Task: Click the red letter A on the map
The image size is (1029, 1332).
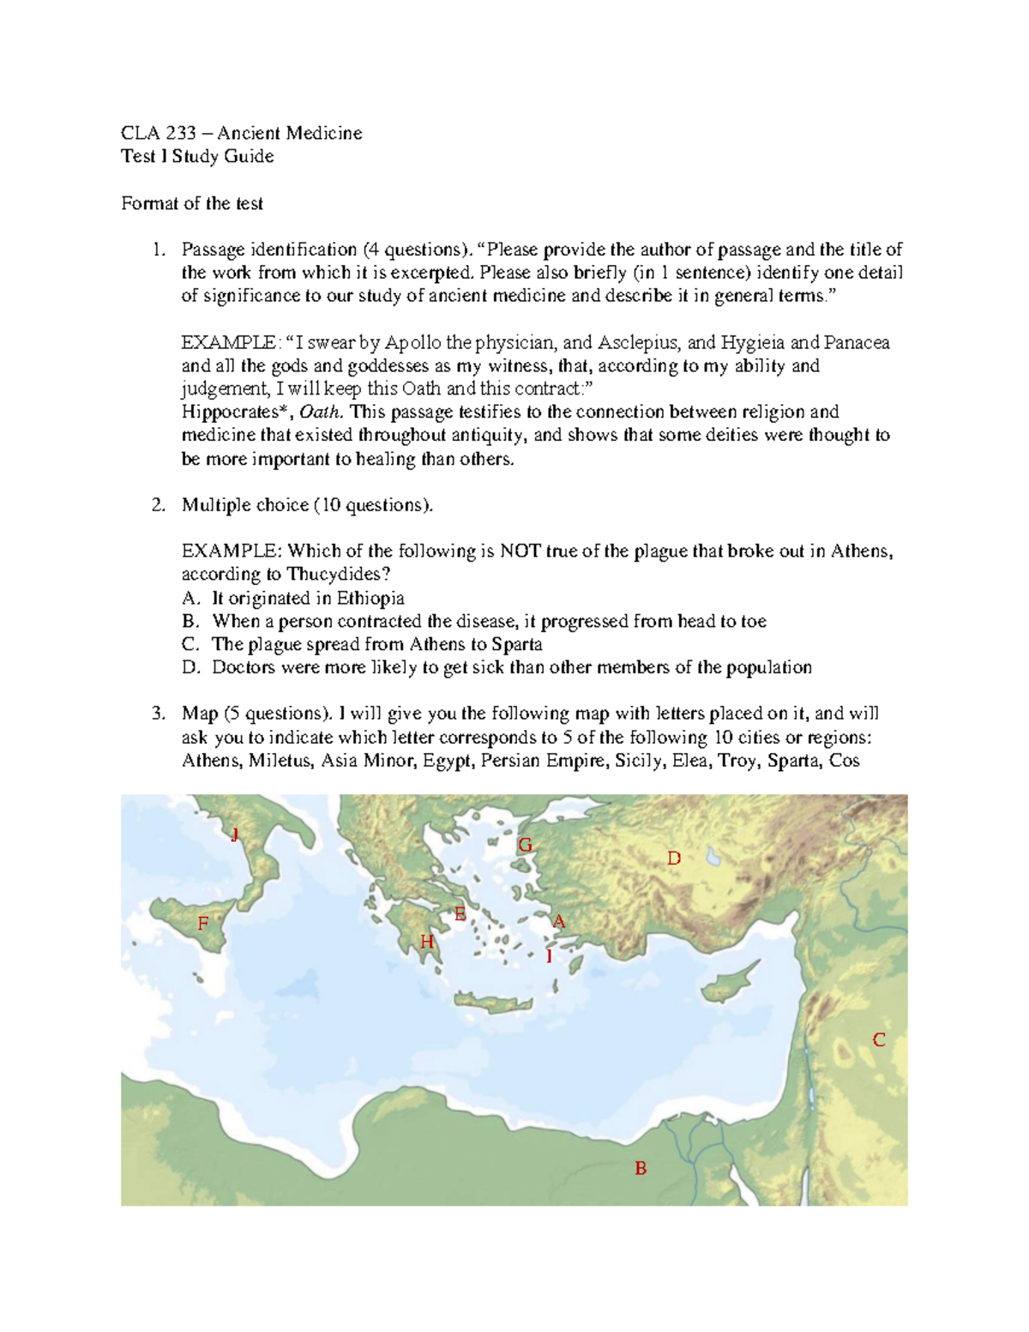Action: [559, 922]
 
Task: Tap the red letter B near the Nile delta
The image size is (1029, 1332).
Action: [640, 1168]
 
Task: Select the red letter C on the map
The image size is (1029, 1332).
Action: [878, 1040]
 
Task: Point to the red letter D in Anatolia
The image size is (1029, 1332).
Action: [674, 859]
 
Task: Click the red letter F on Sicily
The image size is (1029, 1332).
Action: [203, 924]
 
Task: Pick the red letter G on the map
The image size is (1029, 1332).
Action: [525, 846]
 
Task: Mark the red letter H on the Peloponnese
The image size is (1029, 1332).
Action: [426, 943]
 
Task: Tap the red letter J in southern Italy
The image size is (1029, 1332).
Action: [234, 835]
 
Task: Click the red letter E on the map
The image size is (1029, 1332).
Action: [460, 914]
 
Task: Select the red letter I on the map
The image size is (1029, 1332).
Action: [549, 955]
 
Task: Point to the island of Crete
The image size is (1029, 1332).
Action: [489, 1002]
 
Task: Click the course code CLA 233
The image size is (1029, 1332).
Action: [159, 133]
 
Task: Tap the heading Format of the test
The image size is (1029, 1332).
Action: [192, 203]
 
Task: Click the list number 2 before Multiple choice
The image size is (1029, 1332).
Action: [158, 505]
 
